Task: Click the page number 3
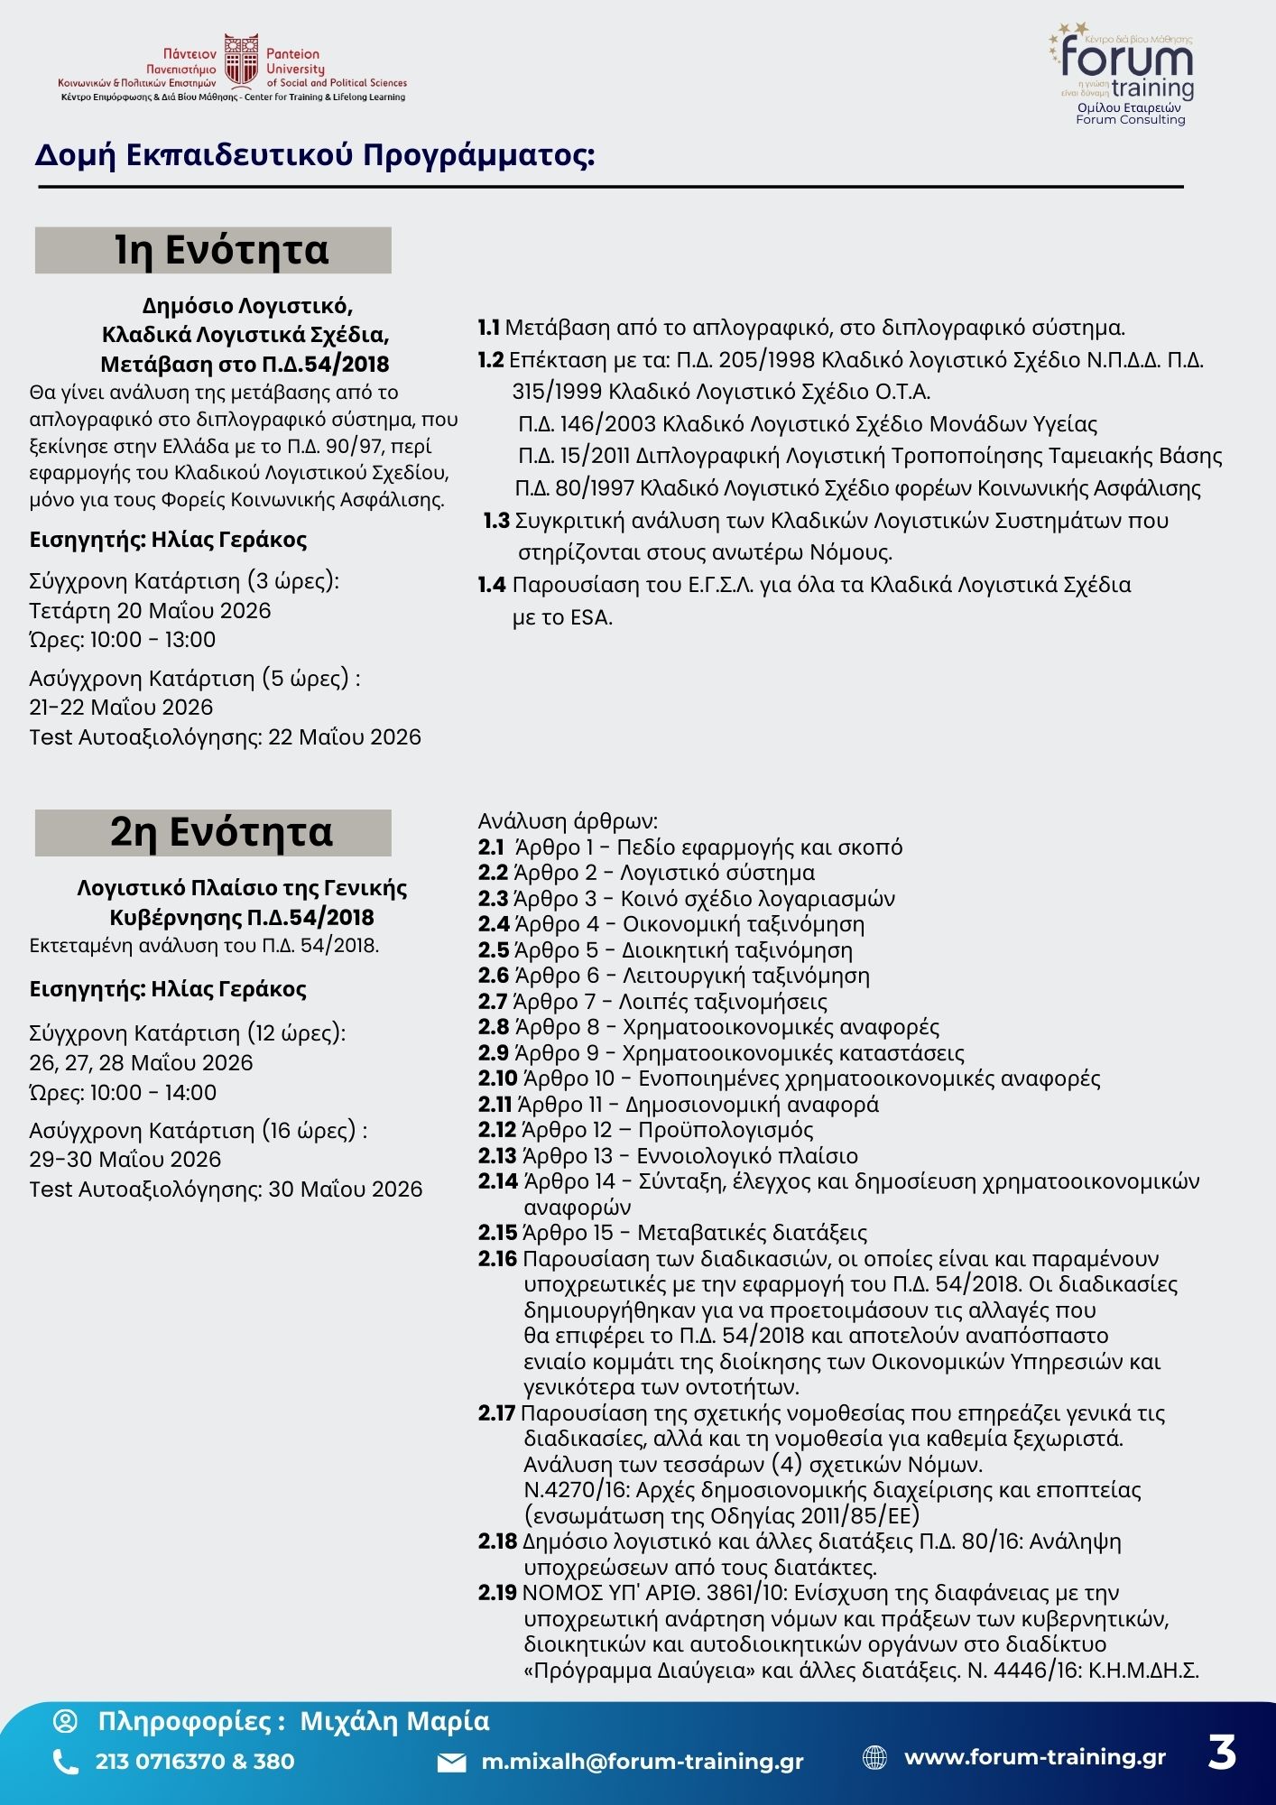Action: click(1222, 1753)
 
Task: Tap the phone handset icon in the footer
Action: click(65, 1762)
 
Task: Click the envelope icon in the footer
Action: click(451, 1763)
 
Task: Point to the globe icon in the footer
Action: click(874, 1757)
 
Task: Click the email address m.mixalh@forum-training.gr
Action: click(643, 1762)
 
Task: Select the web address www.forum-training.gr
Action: click(1035, 1756)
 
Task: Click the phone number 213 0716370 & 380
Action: click(195, 1762)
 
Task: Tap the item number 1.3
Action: click(497, 521)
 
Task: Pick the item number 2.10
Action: click(497, 1078)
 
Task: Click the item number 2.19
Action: click(497, 1593)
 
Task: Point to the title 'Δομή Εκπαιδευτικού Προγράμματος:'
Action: click(315, 155)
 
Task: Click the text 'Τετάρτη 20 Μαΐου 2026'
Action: click(150, 611)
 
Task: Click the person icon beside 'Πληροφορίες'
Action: click(66, 1721)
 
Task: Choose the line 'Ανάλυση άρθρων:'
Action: click(568, 821)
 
